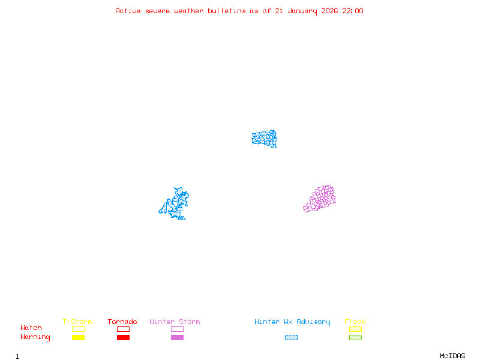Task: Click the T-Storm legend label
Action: click(x=77, y=322)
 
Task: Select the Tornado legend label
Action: click(x=122, y=322)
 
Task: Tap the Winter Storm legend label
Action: click(x=175, y=322)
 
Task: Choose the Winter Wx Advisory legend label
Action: click(x=292, y=322)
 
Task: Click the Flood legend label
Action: click(x=355, y=322)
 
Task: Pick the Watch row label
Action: click(x=31, y=328)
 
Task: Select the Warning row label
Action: click(x=35, y=337)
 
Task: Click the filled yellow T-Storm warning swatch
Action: click(x=78, y=338)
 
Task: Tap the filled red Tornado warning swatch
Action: click(x=123, y=338)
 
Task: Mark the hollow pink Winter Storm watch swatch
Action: click(x=177, y=329)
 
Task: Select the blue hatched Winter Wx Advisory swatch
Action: click(x=291, y=338)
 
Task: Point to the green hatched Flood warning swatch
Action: click(x=355, y=338)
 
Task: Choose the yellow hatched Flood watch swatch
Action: click(x=355, y=329)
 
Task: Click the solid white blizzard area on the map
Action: click(x=269, y=148)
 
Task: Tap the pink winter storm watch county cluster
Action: click(x=320, y=199)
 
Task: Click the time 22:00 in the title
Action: click(x=353, y=11)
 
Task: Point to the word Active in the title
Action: click(x=128, y=11)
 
